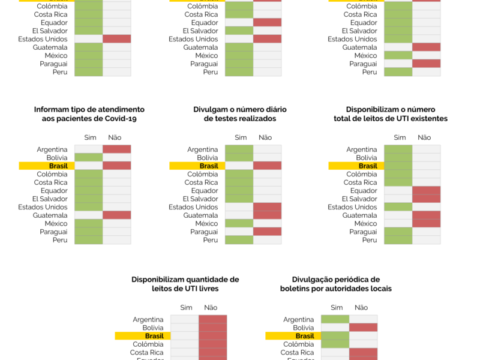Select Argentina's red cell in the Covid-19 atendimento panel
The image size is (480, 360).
[x=116, y=149]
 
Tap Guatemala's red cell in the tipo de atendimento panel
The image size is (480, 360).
[x=116, y=215]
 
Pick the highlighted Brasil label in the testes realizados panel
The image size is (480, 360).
[x=209, y=166]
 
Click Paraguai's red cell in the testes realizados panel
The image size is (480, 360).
[x=267, y=232]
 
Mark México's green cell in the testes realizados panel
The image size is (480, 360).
[x=239, y=223]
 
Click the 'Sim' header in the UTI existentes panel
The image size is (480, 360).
[x=400, y=137]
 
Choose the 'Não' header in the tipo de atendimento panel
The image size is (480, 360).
[x=115, y=137]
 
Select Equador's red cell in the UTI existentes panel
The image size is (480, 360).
[x=426, y=190]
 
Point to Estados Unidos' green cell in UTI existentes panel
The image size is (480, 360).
[x=398, y=207]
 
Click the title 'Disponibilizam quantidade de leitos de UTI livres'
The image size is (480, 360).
[x=185, y=284]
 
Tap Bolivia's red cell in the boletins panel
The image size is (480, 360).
[x=363, y=328]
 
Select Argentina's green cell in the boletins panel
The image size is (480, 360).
[x=335, y=319]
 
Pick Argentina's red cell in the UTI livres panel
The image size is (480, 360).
[x=212, y=319]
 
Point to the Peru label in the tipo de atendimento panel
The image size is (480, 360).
[x=60, y=240]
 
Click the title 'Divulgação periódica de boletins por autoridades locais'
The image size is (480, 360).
[x=335, y=284]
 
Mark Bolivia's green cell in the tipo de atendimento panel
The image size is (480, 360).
[x=88, y=158]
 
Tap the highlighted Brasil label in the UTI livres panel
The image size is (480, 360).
[x=154, y=336]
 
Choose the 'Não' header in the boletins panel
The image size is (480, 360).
[x=361, y=308]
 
